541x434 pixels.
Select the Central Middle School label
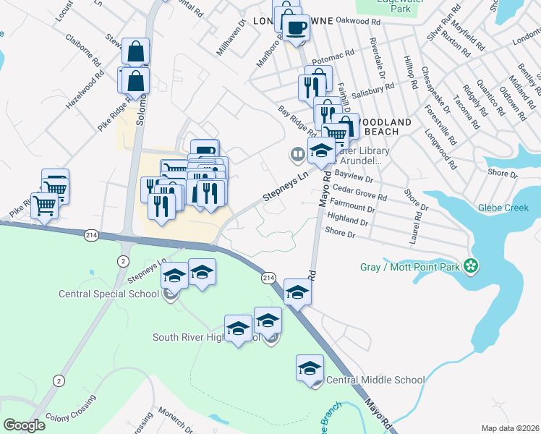[x=375, y=380]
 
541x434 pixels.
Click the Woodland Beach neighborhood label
[x=386, y=127]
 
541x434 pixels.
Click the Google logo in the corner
[x=24, y=425]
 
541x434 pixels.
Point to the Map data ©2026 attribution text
[x=511, y=428]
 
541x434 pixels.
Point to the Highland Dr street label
[x=348, y=218]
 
